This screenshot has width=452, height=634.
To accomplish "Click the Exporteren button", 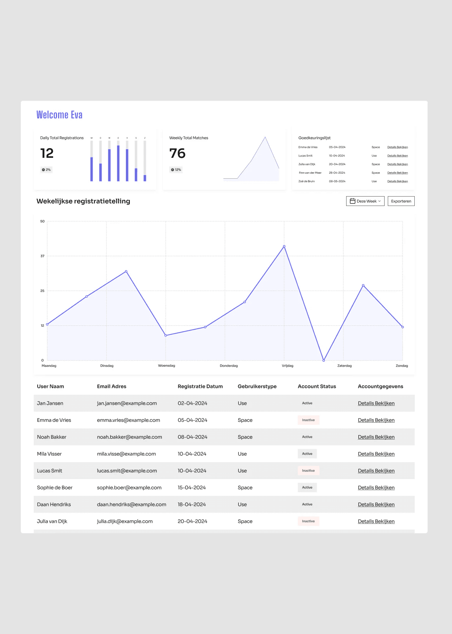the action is tap(401, 201).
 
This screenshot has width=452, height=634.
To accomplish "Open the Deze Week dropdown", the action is tap(365, 201).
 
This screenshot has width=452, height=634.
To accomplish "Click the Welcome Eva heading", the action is tap(60, 115).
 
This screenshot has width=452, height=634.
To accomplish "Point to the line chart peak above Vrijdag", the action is tap(284, 246).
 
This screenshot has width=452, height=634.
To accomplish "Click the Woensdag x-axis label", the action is tap(166, 366).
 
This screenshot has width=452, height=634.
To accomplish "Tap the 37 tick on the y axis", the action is tap(42, 256).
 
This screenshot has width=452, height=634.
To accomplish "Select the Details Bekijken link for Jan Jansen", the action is tap(376, 403).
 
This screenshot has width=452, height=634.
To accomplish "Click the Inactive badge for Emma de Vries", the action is tap(309, 420).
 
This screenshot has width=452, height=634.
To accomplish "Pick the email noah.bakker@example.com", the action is tap(130, 437).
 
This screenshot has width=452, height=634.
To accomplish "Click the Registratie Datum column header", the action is tap(200, 386).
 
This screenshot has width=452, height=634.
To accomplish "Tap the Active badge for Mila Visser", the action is tap(307, 454).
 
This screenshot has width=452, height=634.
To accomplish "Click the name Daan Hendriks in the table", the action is tap(54, 504).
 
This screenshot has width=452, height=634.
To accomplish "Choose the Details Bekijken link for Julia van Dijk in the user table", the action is tap(376, 521).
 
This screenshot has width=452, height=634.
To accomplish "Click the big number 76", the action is tap(177, 154).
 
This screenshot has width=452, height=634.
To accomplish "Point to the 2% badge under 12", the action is tap(46, 170).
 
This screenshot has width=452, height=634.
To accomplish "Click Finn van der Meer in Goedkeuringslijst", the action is tap(310, 173).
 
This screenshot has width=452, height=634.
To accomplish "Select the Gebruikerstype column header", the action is tap(257, 386).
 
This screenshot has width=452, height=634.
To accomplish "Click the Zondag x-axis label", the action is tap(402, 366).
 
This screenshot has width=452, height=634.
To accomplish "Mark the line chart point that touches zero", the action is tap(324, 360).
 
